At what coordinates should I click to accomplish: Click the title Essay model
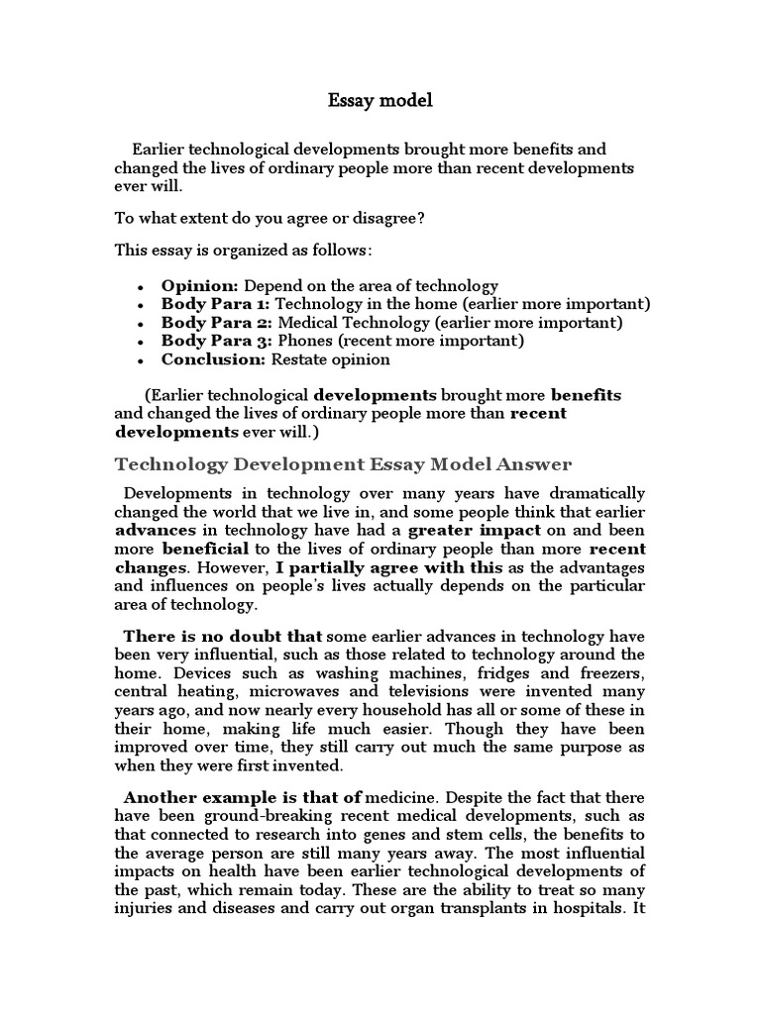tap(380, 101)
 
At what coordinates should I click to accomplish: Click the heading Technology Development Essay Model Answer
tap(344, 464)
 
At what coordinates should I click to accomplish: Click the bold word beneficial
tap(201, 549)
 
